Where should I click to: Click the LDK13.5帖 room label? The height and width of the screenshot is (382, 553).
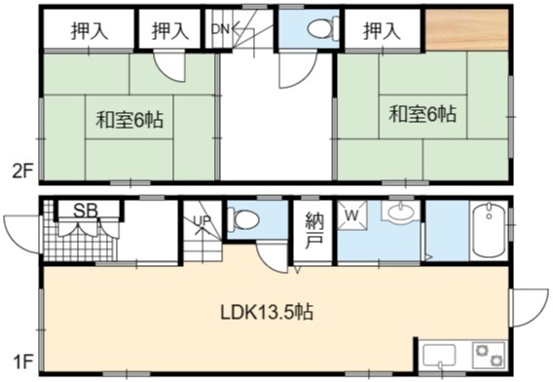[267, 312]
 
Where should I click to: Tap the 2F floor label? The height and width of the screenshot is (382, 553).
[21, 172]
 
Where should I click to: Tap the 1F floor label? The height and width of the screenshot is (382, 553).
[22, 363]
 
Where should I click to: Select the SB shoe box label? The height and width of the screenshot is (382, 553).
[86, 210]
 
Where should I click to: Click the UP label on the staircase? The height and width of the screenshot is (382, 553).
[203, 220]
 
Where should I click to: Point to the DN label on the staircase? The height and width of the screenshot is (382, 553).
[220, 29]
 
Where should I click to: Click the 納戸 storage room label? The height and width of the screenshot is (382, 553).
[313, 230]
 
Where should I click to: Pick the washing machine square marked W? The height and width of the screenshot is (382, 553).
[352, 215]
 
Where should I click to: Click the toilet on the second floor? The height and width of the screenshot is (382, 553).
[322, 28]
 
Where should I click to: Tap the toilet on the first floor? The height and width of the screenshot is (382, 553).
[243, 219]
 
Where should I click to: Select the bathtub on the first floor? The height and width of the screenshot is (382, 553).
[489, 229]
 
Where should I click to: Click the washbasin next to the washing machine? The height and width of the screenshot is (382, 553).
[401, 211]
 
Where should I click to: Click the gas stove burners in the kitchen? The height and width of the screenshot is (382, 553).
[489, 355]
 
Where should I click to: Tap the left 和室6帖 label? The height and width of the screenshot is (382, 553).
[129, 119]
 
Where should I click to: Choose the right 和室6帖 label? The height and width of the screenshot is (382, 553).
[423, 114]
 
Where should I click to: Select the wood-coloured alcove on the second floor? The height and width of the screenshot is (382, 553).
[466, 29]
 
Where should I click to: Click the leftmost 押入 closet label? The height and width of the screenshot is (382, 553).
[89, 30]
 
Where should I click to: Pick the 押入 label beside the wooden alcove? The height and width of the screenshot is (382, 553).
[382, 30]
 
